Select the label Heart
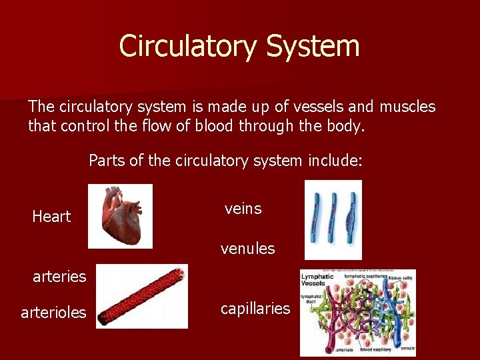point(51,217)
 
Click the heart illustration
point(120,216)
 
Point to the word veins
point(243,209)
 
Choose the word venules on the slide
point(248,249)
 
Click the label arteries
point(59,276)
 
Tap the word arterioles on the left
point(54,312)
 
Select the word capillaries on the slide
point(255,309)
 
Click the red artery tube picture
point(141,297)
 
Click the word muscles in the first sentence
point(407,107)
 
